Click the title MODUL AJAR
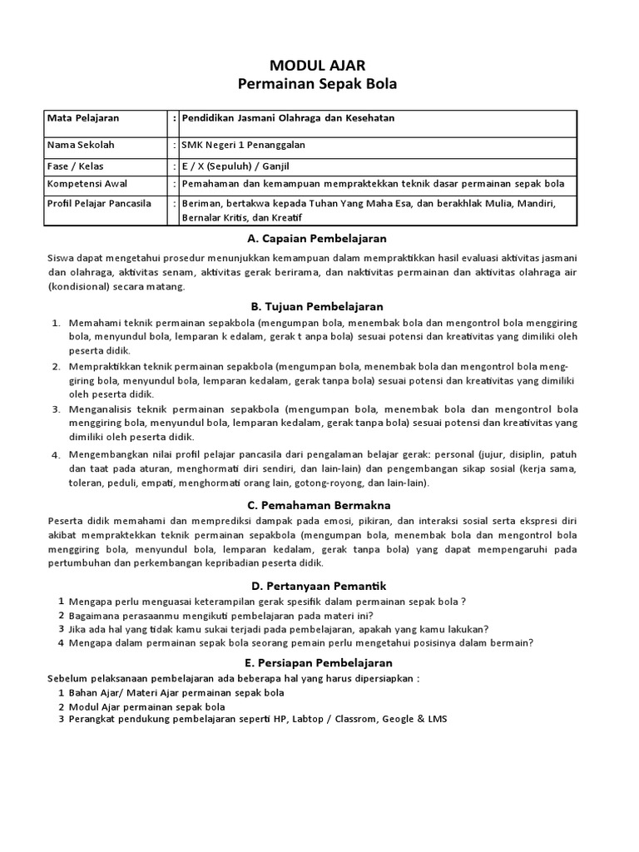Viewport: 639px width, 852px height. tap(318, 65)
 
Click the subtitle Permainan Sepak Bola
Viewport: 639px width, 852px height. tap(318, 84)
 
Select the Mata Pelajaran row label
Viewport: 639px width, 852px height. tap(83, 118)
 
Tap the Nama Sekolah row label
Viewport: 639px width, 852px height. tap(81, 145)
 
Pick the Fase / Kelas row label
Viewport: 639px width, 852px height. tap(76, 166)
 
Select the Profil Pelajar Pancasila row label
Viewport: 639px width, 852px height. tap(100, 203)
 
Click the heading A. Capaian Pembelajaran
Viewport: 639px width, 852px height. tap(318, 239)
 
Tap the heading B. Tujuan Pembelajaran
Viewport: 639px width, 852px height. tap(318, 306)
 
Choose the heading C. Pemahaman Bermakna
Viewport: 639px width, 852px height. tap(318, 504)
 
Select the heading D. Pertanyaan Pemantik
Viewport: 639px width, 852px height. tap(318, 586)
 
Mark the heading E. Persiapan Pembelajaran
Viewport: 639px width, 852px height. tap(318, 662)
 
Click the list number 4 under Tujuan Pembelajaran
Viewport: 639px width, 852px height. tap(56, 455)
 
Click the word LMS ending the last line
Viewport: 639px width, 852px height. tap(437, 719)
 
